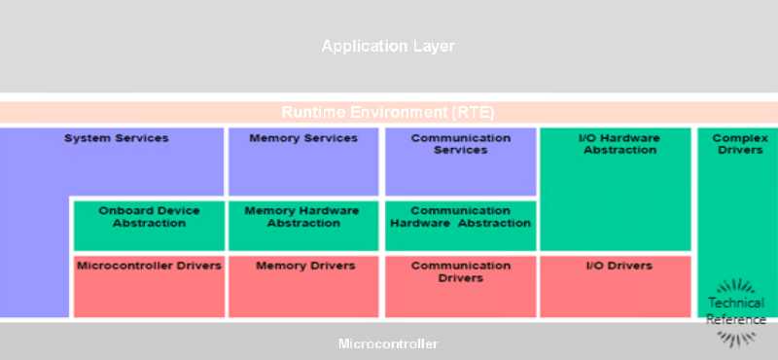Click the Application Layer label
(388, 46)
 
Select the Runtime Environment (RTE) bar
(388, 112)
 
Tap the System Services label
(116, 138)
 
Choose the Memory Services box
(303, 162)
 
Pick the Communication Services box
(460, 162)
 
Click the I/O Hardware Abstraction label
(619, 144)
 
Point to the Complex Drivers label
(739, 144)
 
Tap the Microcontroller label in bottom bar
(388, 343)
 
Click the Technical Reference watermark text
(736, 311)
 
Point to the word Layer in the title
(434, 46)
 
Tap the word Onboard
(123, 210)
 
